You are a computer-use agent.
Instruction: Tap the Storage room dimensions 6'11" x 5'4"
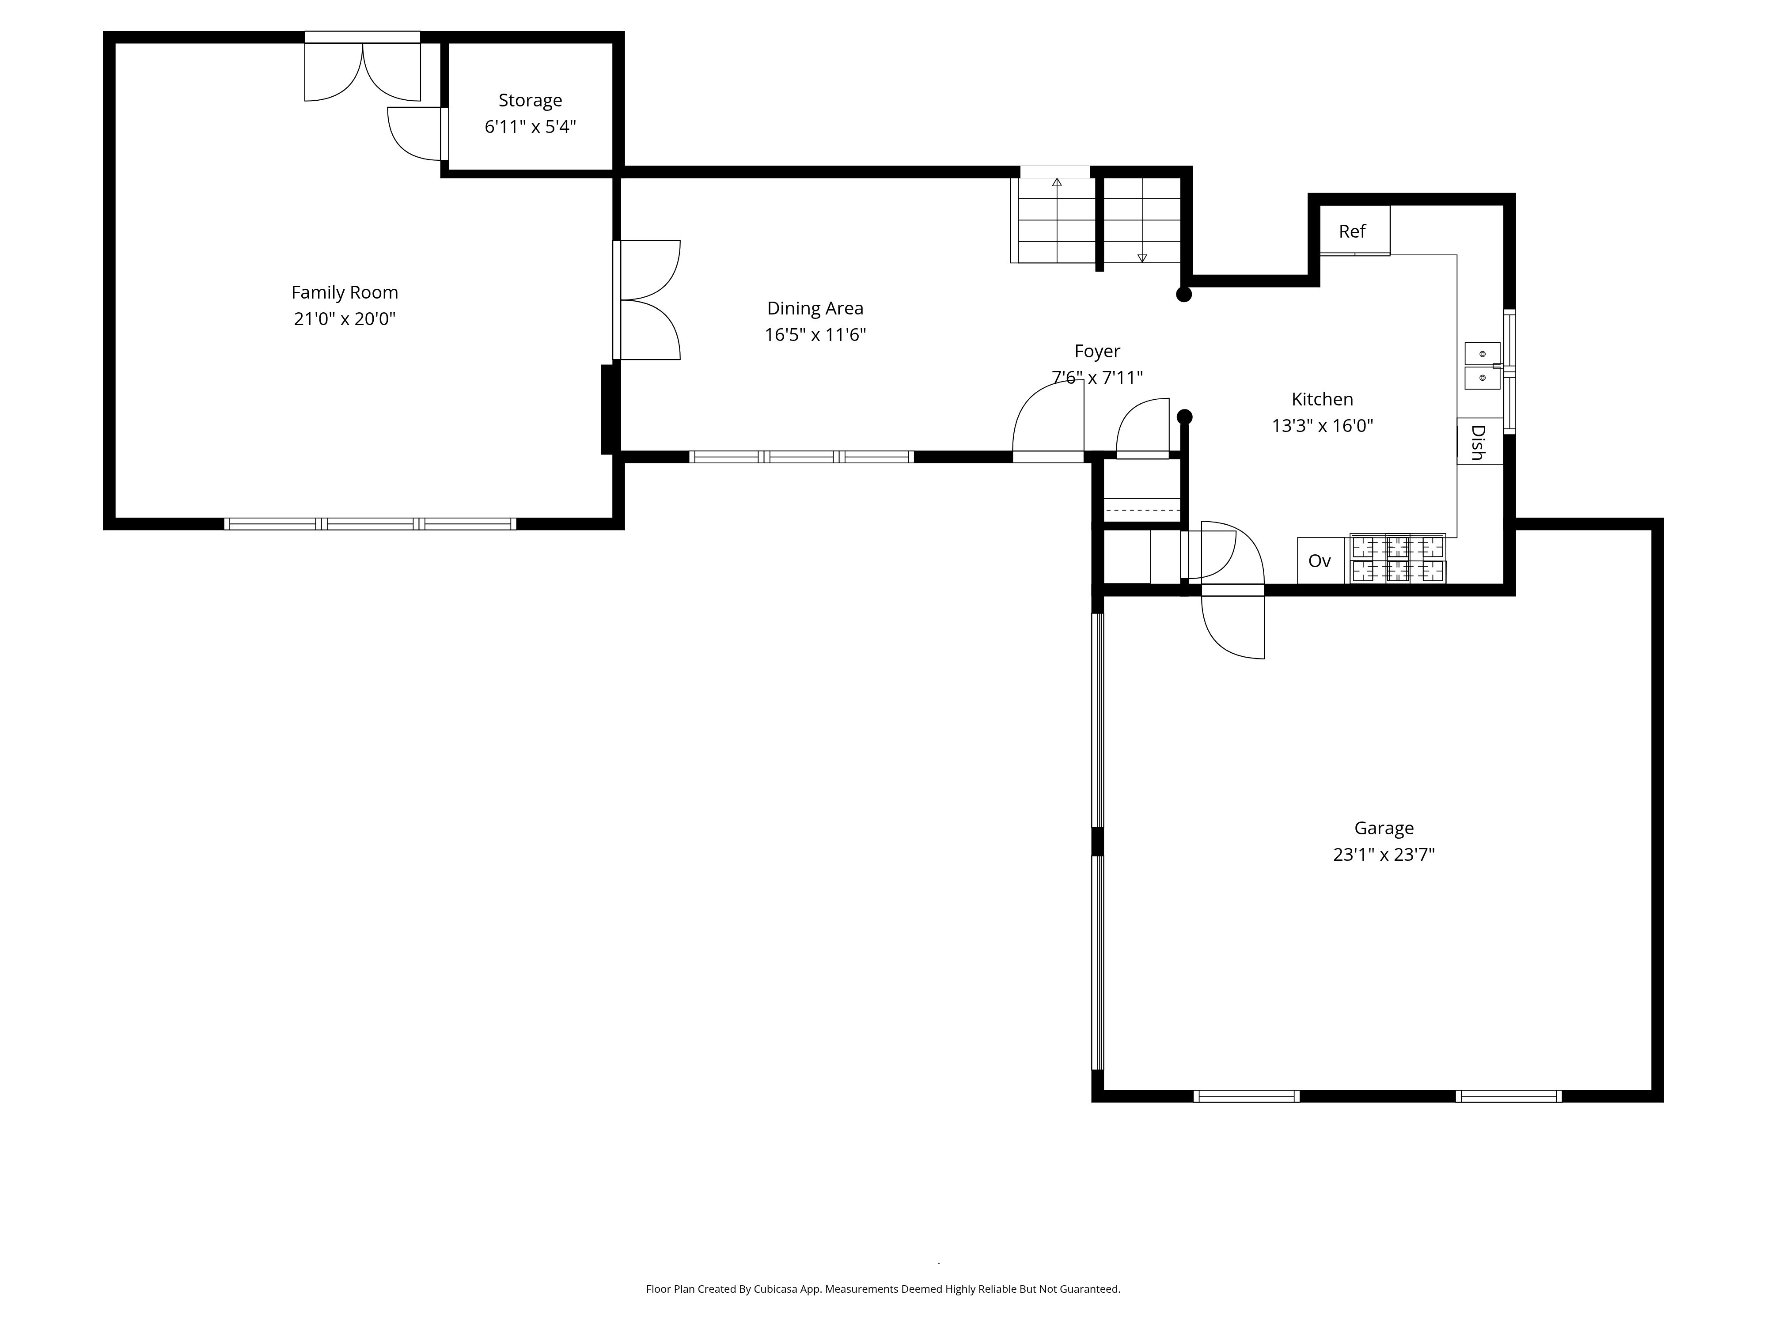coord(531,126)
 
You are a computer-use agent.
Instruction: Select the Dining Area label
coord(815,308)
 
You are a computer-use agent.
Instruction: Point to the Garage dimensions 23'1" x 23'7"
coord(1384,855)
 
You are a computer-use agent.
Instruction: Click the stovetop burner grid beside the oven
coord(1398,558)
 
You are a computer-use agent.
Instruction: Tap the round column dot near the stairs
coord(1184,294)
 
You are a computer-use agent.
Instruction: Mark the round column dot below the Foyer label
coord(1185,417)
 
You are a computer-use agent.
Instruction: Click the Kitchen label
coord(1322,399)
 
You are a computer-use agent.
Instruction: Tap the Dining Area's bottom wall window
coord(801,457)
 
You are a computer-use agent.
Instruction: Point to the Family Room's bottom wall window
coord(370,524)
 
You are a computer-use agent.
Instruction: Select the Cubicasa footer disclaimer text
coord(883,1288)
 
